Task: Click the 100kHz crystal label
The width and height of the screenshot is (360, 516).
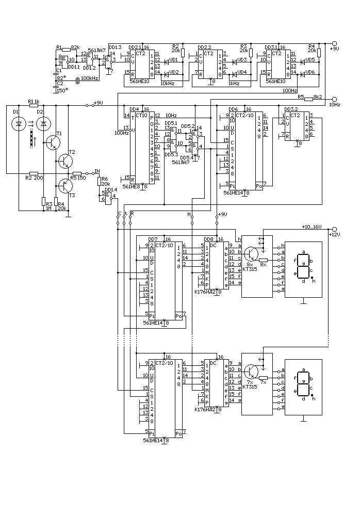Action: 90,78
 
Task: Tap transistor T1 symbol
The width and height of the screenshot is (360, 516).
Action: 53,142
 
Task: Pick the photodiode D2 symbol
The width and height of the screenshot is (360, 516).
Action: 44,124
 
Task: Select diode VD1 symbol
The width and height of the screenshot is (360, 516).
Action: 166,60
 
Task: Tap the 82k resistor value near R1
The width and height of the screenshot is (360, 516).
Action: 75,47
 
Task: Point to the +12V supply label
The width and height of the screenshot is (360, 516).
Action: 335,235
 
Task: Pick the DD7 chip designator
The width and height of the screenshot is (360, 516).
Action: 152,239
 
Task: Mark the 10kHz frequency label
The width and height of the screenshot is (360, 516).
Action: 168,83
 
